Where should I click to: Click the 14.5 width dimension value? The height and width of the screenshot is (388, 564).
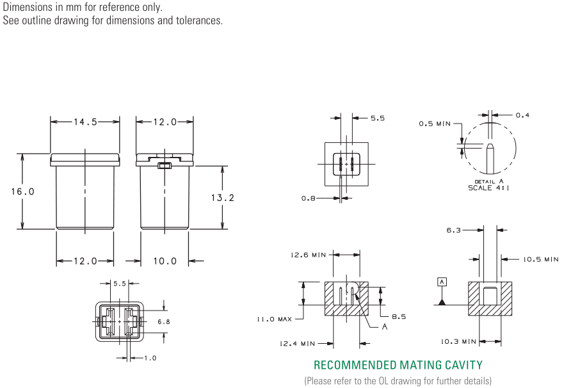click(85, 122)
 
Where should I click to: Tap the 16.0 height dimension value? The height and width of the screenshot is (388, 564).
click(22, 191)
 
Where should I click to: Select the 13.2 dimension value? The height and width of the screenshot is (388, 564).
click(223, 197)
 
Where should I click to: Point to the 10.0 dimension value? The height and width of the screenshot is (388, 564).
click(165, 261)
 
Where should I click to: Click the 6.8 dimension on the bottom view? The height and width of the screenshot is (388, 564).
click(164, 321)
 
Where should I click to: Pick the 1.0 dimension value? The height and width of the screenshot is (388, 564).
click(150, 358)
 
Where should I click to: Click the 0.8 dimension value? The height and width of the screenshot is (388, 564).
click(309, 198)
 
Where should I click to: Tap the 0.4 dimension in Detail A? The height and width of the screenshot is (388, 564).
click(522, 115)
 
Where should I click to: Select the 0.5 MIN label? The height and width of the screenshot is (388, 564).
click(435, 124)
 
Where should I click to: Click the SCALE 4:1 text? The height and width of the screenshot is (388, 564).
click(488, 188)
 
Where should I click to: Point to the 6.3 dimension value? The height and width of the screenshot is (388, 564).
click(454, 230)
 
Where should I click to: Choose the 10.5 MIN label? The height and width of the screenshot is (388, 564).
click(540, 259)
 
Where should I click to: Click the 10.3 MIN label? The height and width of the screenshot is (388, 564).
click(458, 341)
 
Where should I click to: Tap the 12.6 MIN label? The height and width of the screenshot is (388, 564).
click(309, 255)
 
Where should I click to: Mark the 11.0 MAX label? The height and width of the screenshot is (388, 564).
click(274, 319)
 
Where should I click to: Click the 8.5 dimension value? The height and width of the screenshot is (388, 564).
click(399, 317)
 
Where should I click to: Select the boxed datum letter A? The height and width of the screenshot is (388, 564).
click(442, 282)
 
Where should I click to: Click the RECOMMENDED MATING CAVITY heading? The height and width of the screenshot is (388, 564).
click(398, 365)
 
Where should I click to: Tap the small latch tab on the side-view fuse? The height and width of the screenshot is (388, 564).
click(165, 165)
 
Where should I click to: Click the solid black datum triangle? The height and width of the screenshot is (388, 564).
click(442, 302)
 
